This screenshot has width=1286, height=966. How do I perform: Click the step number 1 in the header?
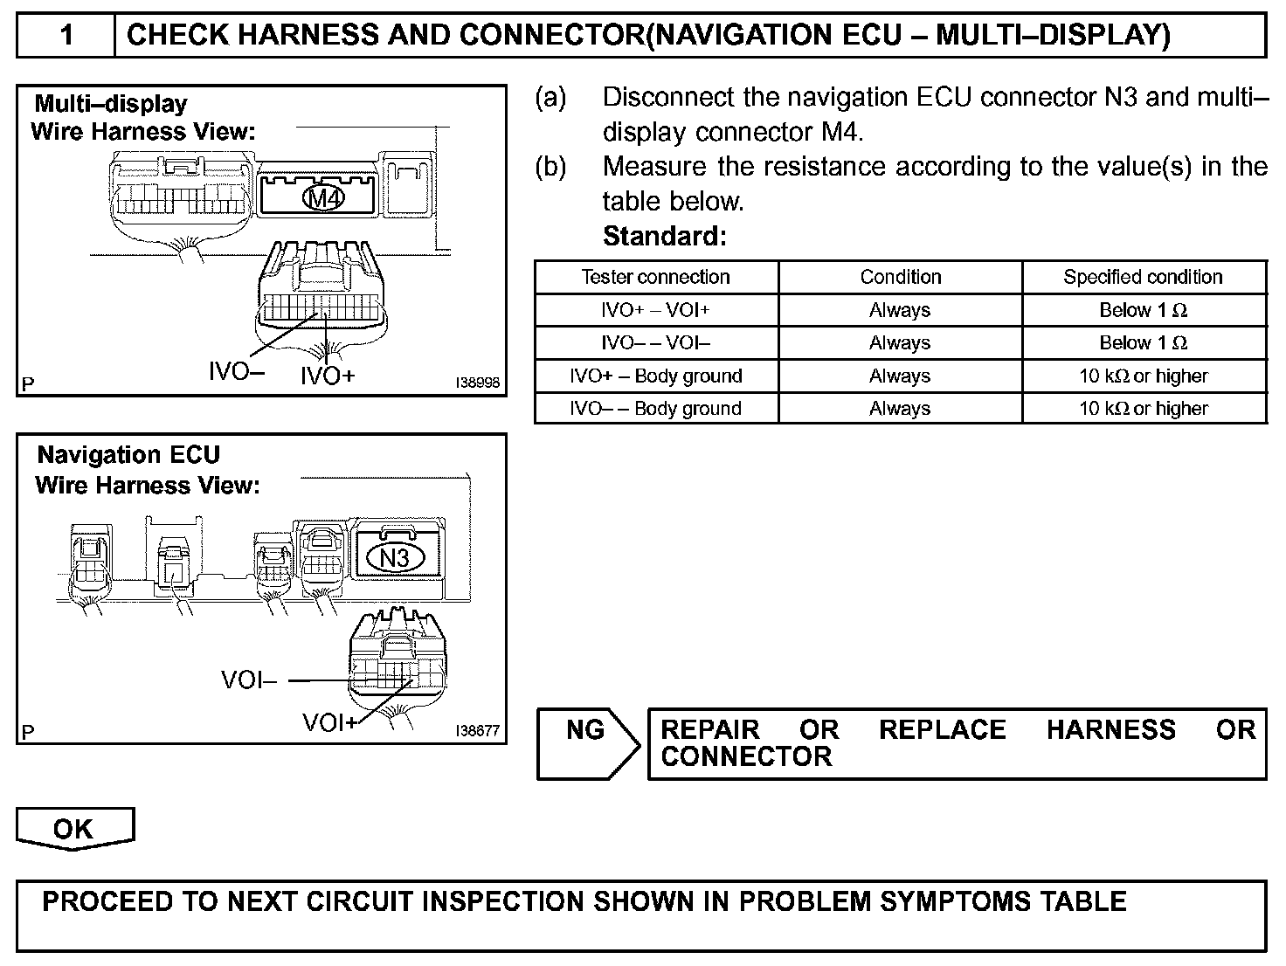click(x=66, y=36)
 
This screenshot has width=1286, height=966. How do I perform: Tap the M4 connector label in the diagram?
click(x=324, y=198)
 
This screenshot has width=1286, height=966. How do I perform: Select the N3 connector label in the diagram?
click(x=394, y=556)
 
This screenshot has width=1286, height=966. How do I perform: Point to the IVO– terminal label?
click(x=236, y=372)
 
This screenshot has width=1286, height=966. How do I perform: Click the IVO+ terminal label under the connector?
click(x=328, y=376)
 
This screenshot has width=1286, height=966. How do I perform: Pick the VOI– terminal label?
click(x=249, y=680)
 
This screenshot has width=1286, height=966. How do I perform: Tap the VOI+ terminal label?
click(x=330, y=722)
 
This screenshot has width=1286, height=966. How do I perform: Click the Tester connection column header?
click(x=655, y=277)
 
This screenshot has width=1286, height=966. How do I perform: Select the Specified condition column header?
click(x=1143, y=277)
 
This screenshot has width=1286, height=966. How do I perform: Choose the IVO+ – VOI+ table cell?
click(x=655, y=310)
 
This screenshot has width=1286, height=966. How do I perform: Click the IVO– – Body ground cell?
click(x=655, y=408)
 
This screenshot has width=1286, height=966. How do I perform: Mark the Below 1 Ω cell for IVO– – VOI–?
click(x=1143, y=342)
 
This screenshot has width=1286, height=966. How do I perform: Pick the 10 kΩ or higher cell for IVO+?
click(x=1143, y=376)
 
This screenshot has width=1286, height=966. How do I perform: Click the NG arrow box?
click(x=587, y=743)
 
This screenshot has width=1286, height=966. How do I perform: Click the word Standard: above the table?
click(x=664, y=236)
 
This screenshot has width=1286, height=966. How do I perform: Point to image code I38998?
click(x=477, y=383)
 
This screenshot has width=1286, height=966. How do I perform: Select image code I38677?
click(x=477, y=731)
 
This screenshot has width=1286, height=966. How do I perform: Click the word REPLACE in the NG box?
click(x=942, y=729)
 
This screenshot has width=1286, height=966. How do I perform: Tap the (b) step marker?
click(x=550, y=166)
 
